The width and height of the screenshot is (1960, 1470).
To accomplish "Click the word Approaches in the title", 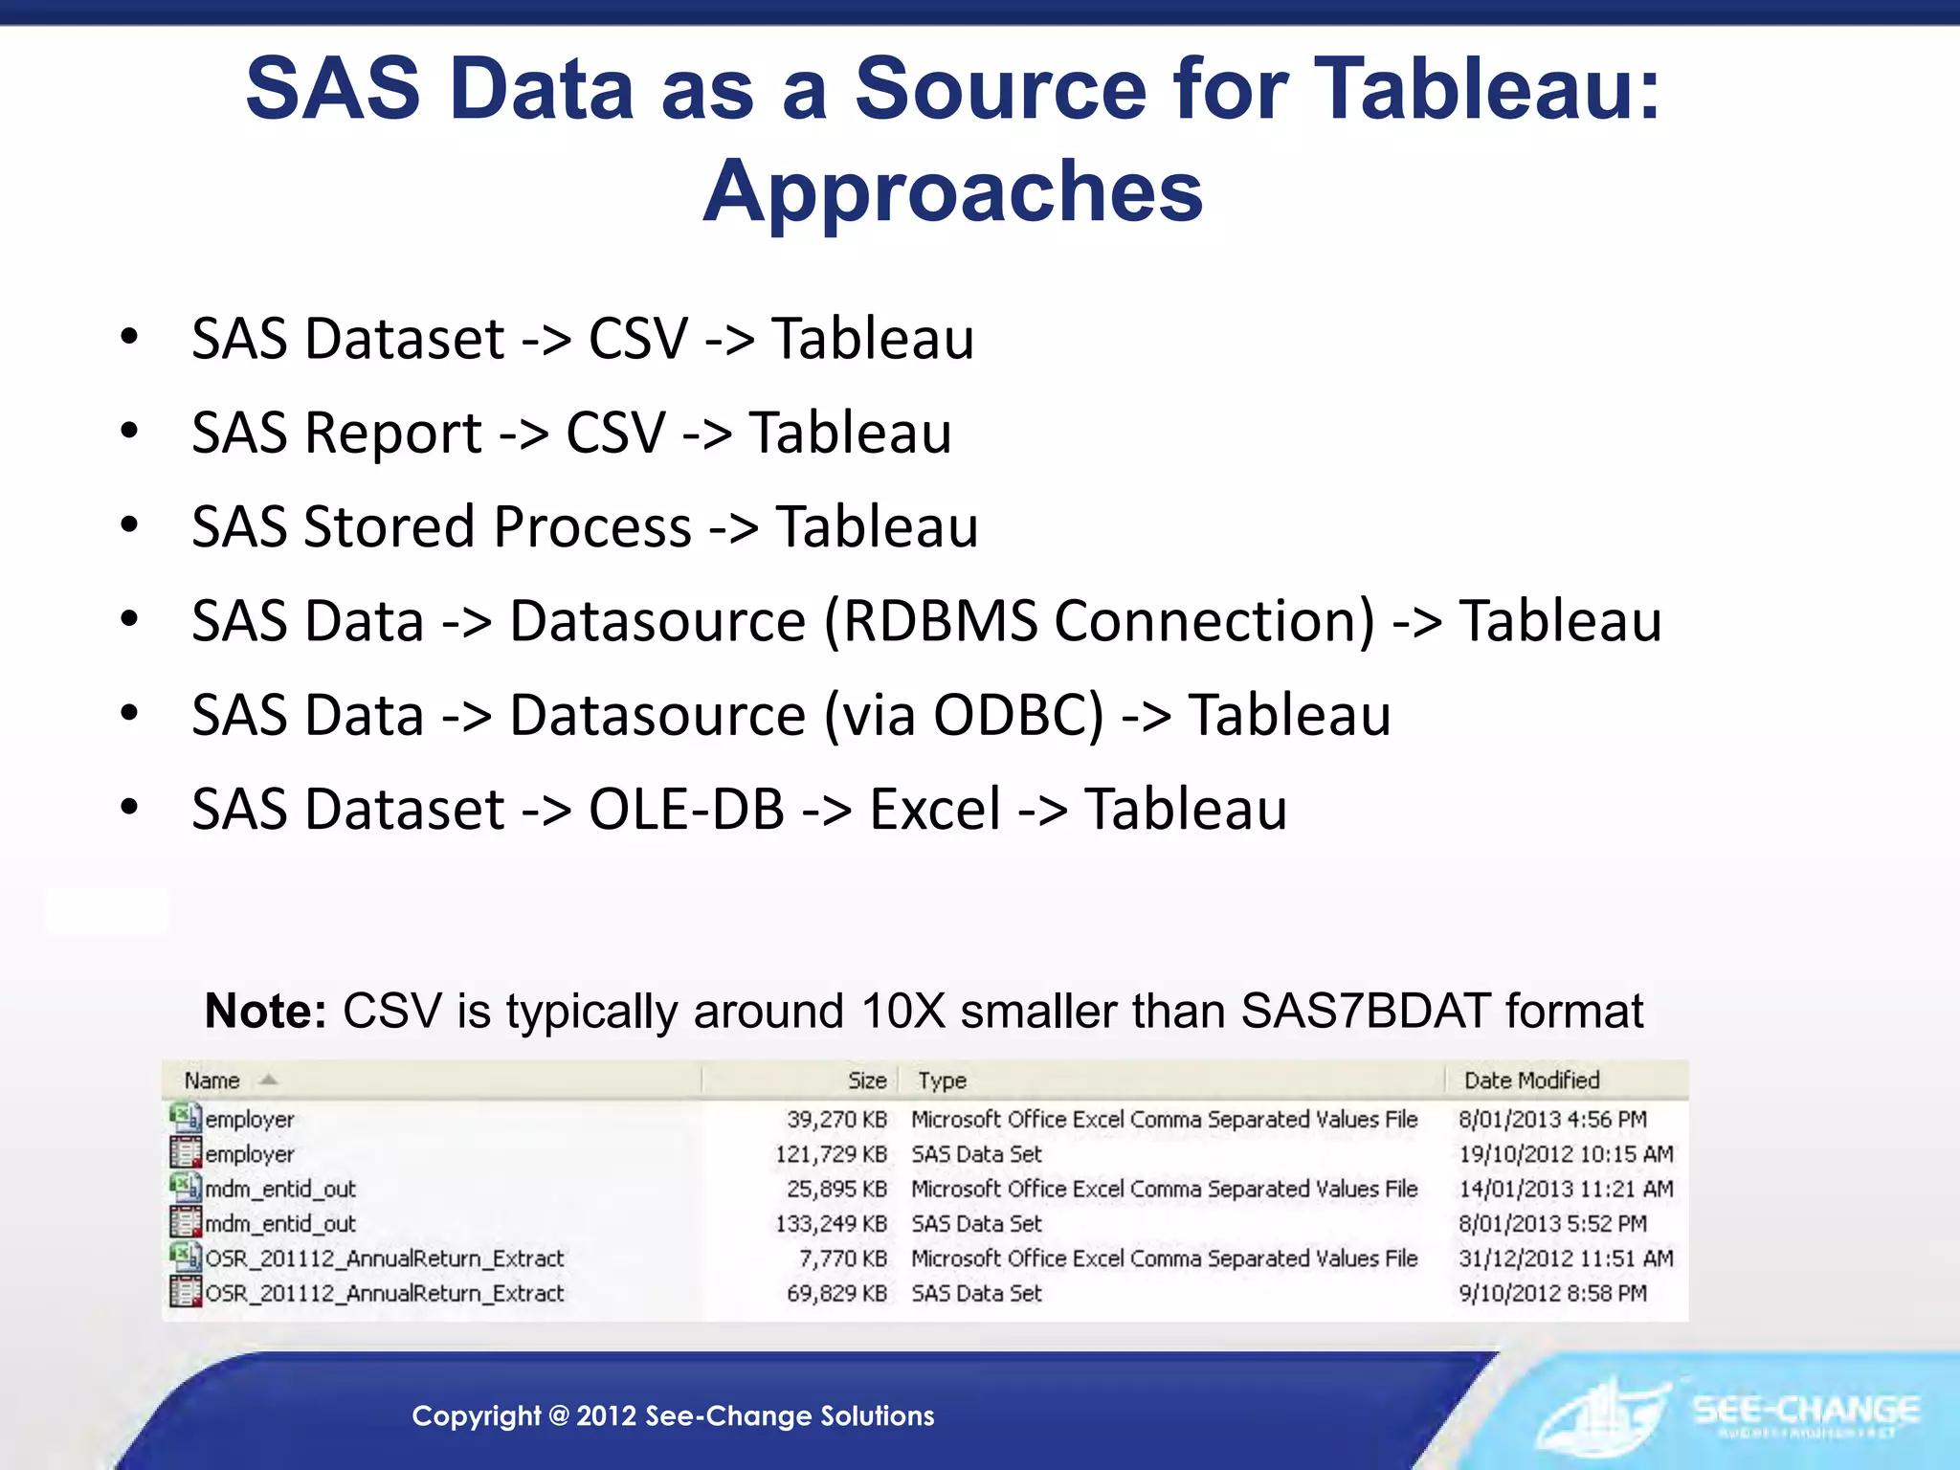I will pyautogui.click(x=953, y=191).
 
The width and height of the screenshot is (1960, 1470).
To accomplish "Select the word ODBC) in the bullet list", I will pyautogui.click(x=1018, y=715).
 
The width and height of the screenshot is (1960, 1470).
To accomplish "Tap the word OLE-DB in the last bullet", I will pyautogui.click(x=686, y=809).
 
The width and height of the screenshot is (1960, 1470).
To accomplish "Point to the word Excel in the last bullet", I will pyautogui.click(x=935, y=809).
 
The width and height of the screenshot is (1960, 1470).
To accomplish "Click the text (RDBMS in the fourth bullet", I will pyautogui.click(x=930, y=621).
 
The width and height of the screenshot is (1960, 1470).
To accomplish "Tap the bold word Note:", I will pyautogui.click(x=266, y=1011).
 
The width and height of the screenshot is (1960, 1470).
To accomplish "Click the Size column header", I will pyautogui.click(x=867, y=1080).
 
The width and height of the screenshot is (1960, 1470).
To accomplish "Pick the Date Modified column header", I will pyautogui.click(x=1531, y=1080).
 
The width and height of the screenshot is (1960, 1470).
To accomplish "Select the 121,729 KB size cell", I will pyautogui.click(x=831, y=1154).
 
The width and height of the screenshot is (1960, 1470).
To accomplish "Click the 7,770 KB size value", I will pyautogui.click(x=842, y=1258).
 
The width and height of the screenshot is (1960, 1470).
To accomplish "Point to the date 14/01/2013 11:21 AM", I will pyautogui.click(x=1566, y=1189).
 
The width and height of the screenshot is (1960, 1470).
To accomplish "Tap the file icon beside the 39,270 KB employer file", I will pyautogui.click(x=185, y=1117).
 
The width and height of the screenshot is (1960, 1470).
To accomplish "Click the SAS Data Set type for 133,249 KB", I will pyautogui.click(x=976, y=1224).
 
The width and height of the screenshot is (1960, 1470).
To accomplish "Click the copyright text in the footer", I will pyautogui.click(x=673, y=1415).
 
